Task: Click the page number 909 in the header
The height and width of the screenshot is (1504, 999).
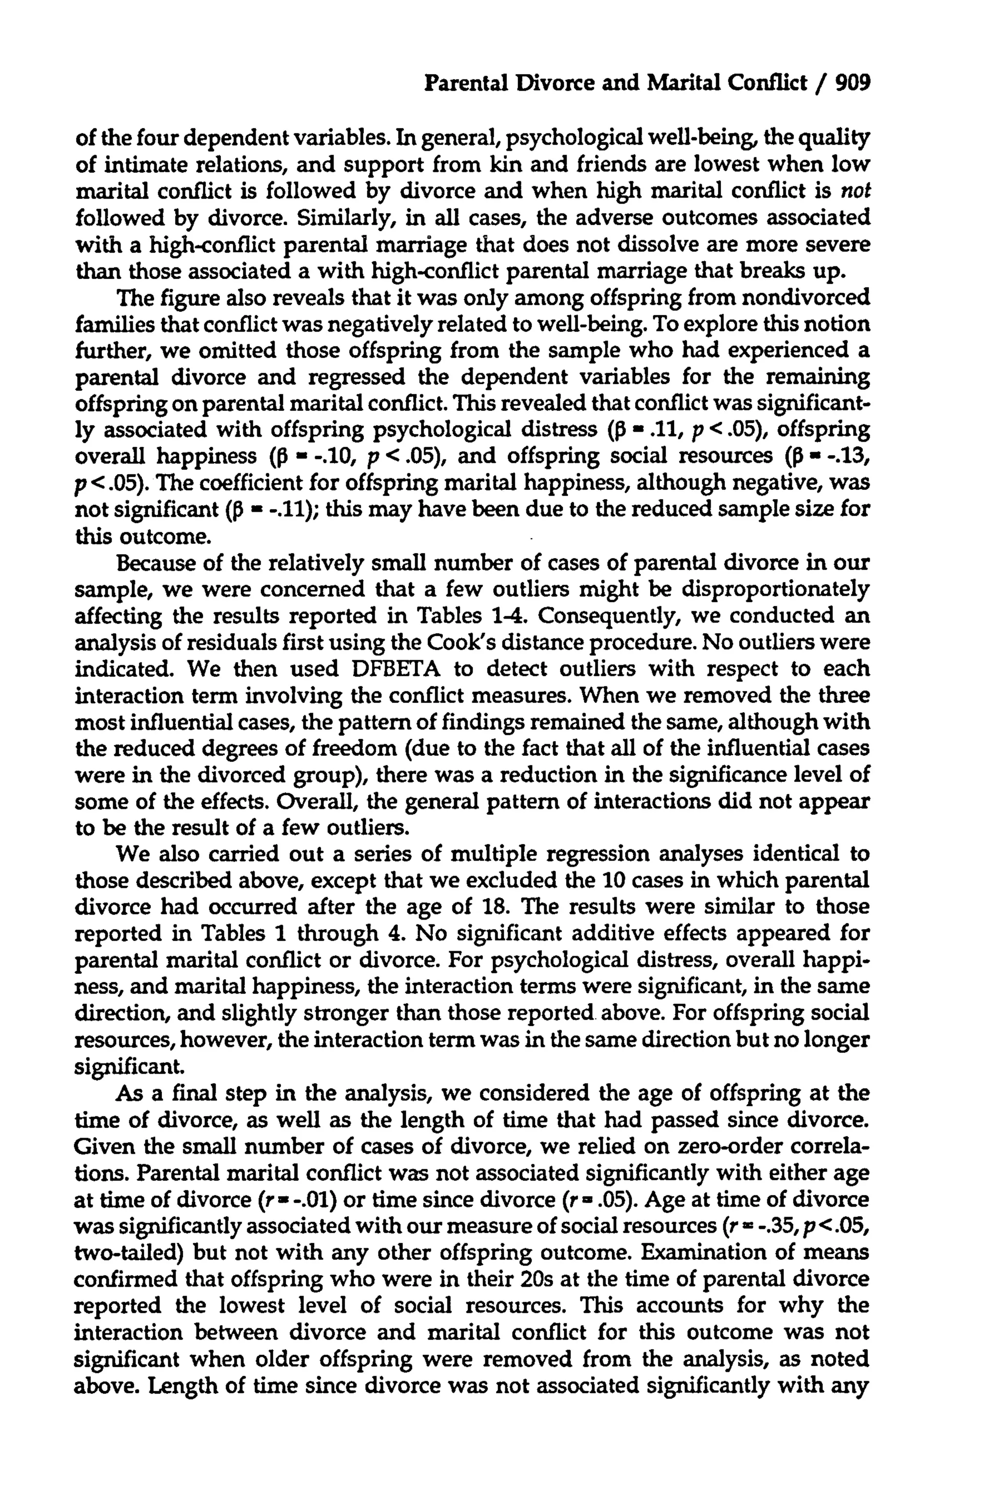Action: click(x=852, y=83)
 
